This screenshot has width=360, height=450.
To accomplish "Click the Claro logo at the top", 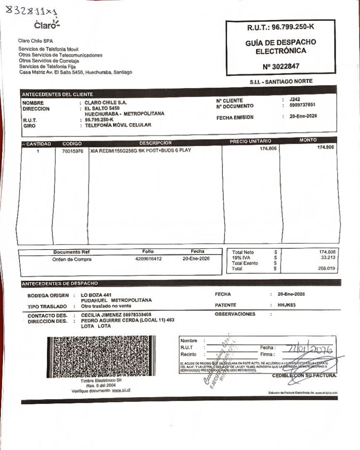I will coord(47,25).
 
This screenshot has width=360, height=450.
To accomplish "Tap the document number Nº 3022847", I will coord(281,66).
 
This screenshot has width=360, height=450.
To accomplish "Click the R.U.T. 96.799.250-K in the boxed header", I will coord(280,27).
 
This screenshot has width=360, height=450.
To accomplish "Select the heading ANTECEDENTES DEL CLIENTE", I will coord(57,95).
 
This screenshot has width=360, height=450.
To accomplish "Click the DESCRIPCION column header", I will coord(155,143).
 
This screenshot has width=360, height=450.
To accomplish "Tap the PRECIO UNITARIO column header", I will coord(250,141).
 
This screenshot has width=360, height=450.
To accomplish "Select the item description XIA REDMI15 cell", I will coord(140,150).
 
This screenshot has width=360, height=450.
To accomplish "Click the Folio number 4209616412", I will coord(149,259).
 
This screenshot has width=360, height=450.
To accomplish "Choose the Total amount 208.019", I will coord(327,269).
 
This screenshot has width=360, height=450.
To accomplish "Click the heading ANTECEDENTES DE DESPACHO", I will coord(60,284).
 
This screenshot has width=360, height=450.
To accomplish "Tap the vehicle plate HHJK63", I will coord(287,305).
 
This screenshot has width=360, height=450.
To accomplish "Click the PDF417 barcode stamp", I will coord(101,357).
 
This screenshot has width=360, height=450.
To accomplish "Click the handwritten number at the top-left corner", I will coord(31,10).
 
